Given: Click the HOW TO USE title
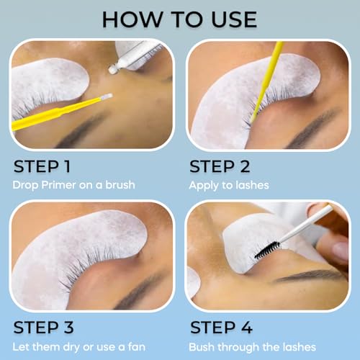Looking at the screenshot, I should coord(180,18).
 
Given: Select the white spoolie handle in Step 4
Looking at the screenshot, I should coord(310,222).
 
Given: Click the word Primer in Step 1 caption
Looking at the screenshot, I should coord(59,186).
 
